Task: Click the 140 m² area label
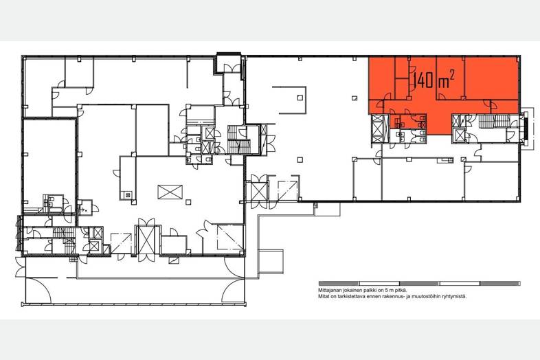click(434, 80)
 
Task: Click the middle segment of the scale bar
click(420, 284)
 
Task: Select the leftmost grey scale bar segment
click(339, 284)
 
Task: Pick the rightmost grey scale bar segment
click(500, 284)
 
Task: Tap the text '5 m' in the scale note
click(388, 291)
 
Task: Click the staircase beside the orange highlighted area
click(494, 122)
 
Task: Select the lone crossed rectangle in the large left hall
click(170, 192)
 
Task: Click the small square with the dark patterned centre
click(128, 195)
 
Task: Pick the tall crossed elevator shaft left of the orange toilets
click(377, 129)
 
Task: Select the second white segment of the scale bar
click(460, 284)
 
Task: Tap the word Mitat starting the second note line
click(323, 296)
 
